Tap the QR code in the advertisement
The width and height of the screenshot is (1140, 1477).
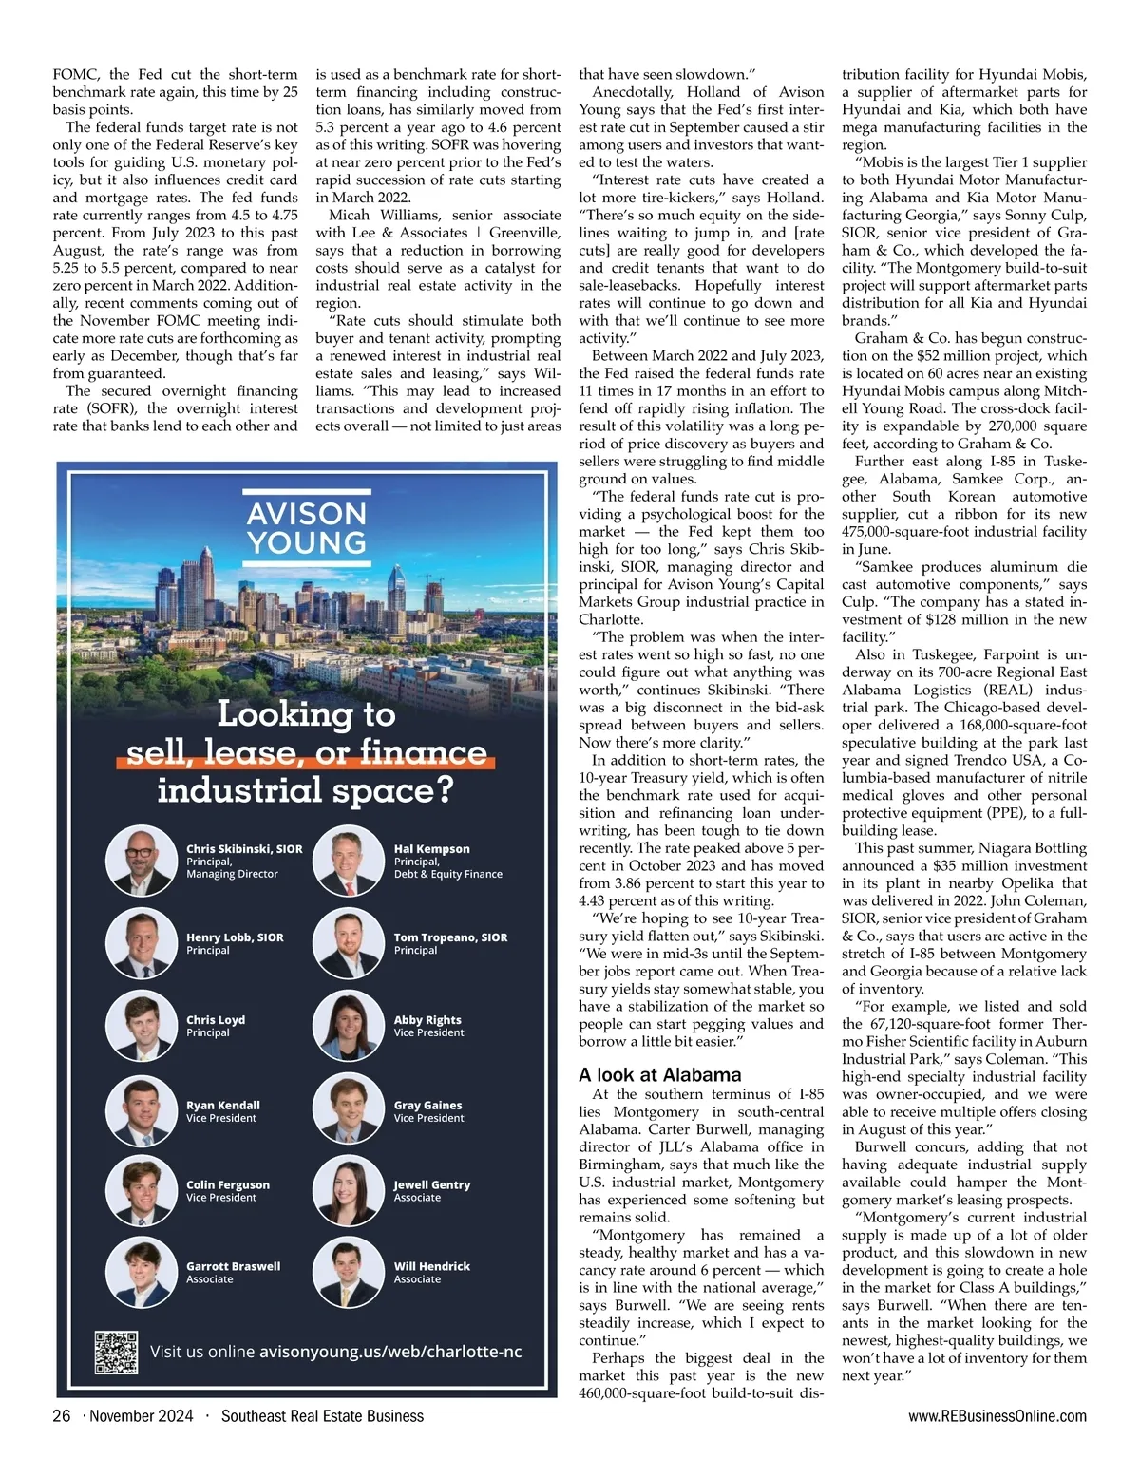click(116, 1353)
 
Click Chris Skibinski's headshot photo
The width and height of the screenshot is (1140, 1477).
click(142, 862)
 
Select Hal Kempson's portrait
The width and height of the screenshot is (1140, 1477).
click(349, 862)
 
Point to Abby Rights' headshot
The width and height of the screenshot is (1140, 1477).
click(349, 1026)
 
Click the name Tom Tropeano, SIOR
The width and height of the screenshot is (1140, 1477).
click(450, 937)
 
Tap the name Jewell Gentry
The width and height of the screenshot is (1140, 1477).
click(432, 1184)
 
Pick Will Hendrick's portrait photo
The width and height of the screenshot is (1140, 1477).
click(349, 1273)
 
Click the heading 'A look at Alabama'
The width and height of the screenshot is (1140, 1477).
click(659, 1075)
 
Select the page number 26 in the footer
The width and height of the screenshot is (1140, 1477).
click(62, 1416)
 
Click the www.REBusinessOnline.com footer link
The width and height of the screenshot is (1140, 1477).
click(997, 1416)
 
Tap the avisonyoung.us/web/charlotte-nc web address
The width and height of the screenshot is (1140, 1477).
click(390, 1352)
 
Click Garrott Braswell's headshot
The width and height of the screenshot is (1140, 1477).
click(142, 1273)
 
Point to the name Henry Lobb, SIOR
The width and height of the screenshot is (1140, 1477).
click(235, 937)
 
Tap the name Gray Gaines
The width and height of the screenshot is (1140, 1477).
click(427, 1105)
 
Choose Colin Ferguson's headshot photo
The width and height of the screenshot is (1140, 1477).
click(142, 1191)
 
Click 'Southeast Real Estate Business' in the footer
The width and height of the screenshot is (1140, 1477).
click(322, 1416)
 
